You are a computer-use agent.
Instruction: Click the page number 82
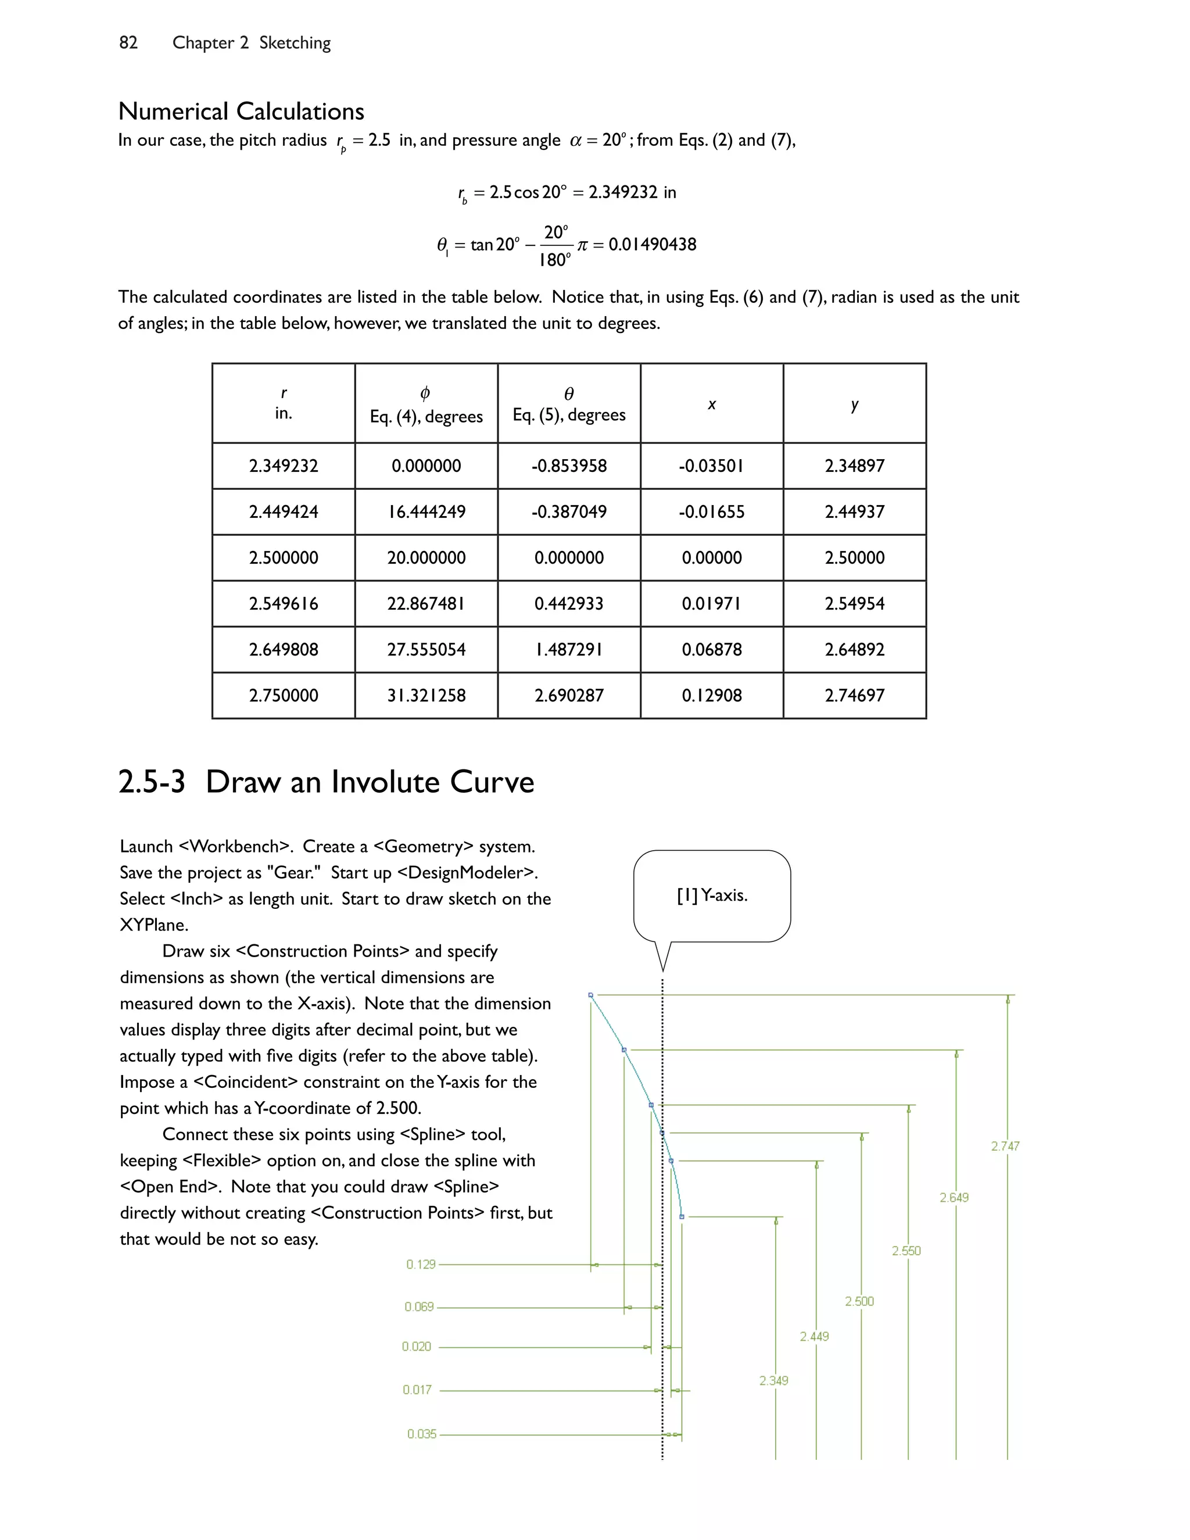128,43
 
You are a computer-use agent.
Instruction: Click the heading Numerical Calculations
241,112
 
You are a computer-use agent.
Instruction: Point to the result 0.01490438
652,245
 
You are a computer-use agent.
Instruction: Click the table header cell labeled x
711,404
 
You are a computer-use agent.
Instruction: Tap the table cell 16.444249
426,512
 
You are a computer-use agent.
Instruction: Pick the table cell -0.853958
568,466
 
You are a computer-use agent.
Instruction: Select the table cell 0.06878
711,650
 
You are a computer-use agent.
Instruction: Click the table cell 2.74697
854,695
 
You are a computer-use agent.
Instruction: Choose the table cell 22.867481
426,604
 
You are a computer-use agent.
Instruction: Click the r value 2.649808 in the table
284,650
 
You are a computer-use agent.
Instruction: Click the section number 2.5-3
152,782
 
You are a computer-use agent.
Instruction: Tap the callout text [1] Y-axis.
711,896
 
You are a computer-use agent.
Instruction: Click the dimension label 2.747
1005,1147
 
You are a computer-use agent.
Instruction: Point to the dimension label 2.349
773,1381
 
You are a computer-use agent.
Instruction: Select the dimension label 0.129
421,1265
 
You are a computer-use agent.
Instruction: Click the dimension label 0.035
422,1434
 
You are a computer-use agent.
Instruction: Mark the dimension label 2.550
906,1251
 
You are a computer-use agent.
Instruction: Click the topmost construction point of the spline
591,995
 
